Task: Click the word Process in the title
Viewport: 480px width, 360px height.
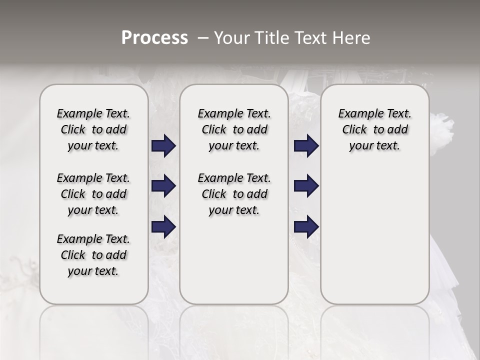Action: (x=154, y=37)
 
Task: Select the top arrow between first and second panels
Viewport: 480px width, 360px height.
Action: (x=163, y=146)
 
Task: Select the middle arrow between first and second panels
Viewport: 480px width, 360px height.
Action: (x=163, y=186)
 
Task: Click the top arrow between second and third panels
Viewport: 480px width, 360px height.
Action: (x=306, y=146)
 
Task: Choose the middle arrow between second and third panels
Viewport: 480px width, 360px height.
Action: (x=306, y=186)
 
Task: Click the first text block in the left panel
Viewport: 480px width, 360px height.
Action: (x=93, y=129)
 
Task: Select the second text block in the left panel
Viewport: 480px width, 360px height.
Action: (x=93, y=194)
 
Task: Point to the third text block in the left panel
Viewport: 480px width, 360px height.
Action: (x=93, y=255)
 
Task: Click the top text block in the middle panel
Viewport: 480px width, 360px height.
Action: (x=234, y=129)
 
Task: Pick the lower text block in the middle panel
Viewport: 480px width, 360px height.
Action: (x=234, y=194)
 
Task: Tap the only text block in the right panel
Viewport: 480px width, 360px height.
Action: (x=374, y=129)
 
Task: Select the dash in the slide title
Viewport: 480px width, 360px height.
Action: (x=203, y=38)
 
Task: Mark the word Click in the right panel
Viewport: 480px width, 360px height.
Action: (x=354, y=130)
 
